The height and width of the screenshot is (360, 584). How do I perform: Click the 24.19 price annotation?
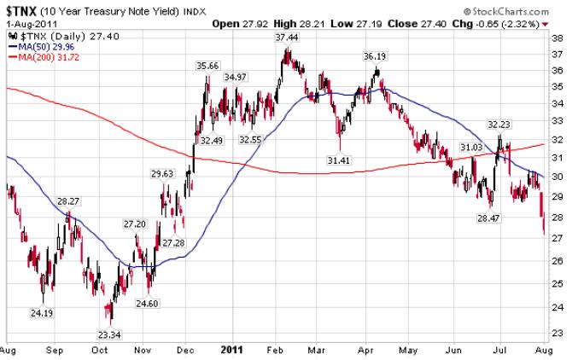point(39,313)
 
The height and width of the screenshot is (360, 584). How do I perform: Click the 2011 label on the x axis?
point(233,349)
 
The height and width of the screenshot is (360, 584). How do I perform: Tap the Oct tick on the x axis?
point(99,349)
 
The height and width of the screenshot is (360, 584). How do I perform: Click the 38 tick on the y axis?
point(557,38)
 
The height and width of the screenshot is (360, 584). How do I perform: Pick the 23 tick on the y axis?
point(557,333)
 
